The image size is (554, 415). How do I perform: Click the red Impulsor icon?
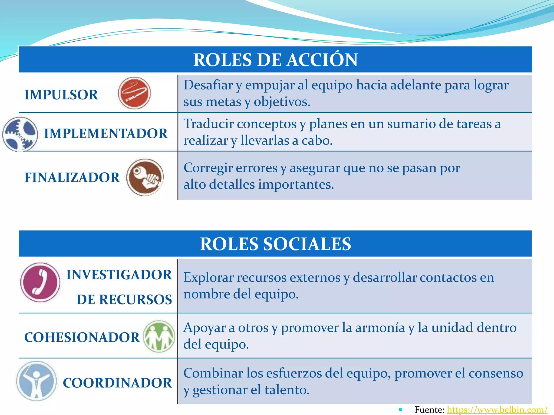[134, 93]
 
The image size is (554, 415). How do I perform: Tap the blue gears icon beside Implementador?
[20, 134]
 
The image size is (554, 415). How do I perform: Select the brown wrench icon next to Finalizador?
[145, 177]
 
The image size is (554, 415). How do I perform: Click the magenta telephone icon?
[40, 282]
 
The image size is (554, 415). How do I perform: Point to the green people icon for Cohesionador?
[159, 336]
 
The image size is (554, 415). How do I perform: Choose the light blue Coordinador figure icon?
[37, 381]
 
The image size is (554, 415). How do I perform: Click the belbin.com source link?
[497, 410]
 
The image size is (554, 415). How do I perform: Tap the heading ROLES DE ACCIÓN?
[275, 60]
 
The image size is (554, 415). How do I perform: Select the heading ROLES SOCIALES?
[275, 244]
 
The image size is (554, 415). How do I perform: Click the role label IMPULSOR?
[61, 95]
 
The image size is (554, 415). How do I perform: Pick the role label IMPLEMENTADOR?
[106, 133]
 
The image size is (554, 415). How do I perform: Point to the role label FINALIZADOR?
[72, 178]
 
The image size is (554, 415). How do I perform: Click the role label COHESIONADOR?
[82, 337]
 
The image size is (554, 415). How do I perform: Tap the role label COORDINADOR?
[117, 383]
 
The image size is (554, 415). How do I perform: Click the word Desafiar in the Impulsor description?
[208, 85]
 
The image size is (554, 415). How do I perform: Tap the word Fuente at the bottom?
[429, 410]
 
